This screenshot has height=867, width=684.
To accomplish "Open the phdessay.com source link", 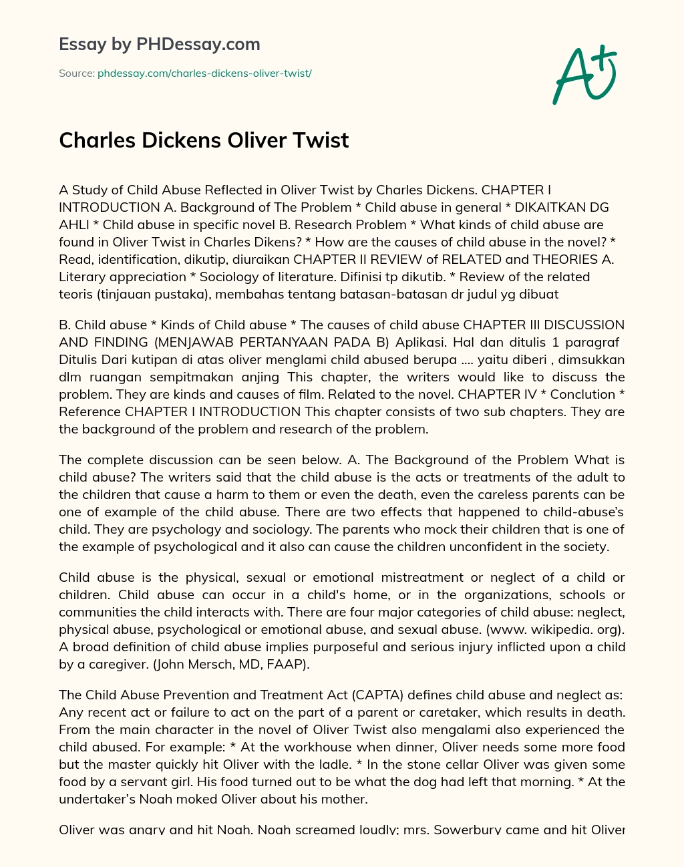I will point(204,73).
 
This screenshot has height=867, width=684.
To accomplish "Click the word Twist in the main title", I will point(320,140).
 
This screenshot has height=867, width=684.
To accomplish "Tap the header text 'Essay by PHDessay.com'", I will point(160,44).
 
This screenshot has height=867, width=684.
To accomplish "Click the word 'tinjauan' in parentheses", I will point(120,294).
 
